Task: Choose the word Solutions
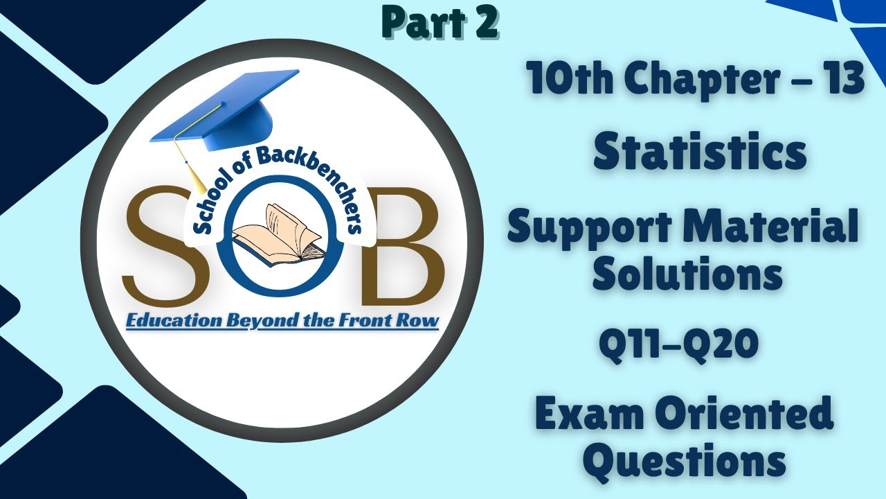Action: coord(687,274)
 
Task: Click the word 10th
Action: coord(570,80)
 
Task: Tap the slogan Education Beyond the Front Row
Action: coord(282,321)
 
